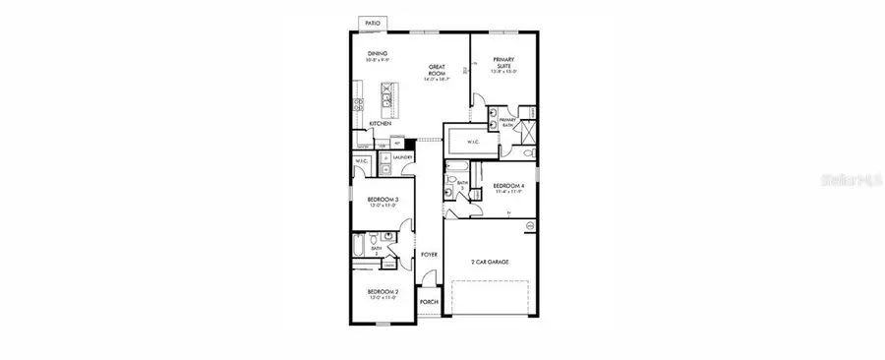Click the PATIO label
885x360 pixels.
[x=372, y=22]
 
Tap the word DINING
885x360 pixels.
[x=378, y=54]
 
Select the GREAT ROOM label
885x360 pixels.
[x=438, y=70]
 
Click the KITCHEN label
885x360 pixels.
[x=381, y=124]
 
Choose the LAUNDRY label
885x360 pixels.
[x=402, y=156]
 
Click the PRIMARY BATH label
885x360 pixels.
[x=507, y=123]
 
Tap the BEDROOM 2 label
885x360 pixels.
[x=382, y=291]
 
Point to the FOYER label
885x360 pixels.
[x=429, y=254]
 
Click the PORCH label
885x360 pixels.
[x=429, y=302]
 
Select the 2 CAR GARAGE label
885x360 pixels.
[x=489, y=262]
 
